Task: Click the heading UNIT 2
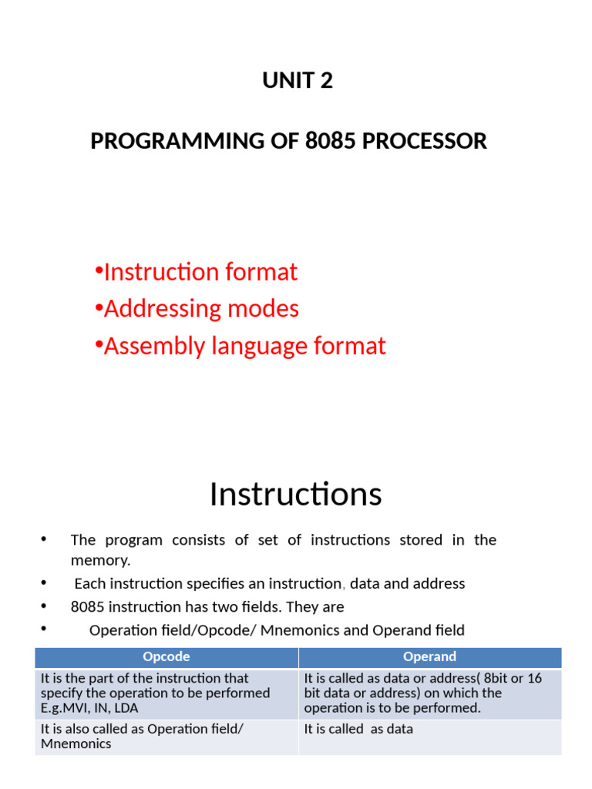298,81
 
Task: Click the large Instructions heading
295,494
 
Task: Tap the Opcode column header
166,656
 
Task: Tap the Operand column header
429,656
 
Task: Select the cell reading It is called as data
358,729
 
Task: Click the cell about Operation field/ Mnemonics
142,736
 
